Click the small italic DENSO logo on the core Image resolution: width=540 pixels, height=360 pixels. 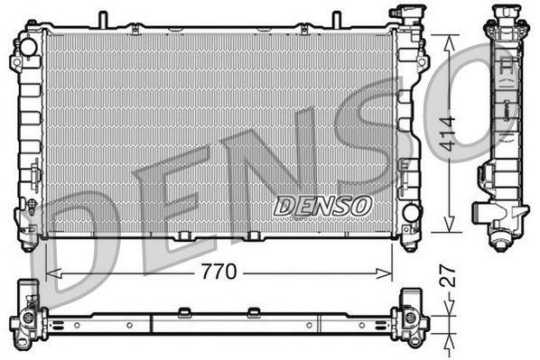pos(322,206)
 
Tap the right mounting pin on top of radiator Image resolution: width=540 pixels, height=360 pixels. pos(337,20)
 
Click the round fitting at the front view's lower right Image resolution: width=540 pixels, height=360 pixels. pos(411,213)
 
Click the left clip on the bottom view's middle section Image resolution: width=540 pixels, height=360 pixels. pos(184,312)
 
